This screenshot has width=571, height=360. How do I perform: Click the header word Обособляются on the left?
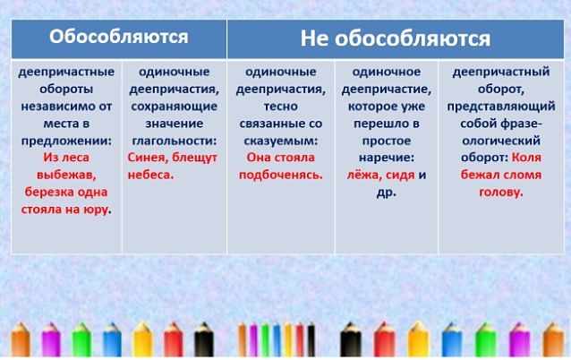(119, 37)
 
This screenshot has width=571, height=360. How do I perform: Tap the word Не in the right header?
(314, 39)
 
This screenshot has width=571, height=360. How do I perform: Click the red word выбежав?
(66, 176)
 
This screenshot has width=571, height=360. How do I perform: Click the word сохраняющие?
(174, 107)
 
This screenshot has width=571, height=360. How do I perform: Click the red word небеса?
(150, 175)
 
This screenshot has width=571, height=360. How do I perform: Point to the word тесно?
(281, 106)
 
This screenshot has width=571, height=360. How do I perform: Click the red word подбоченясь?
(281, 176)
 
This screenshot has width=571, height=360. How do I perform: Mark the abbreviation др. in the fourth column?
(387, 193)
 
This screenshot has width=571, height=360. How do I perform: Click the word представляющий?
(501, 107)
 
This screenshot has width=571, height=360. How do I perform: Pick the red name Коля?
(526, 158)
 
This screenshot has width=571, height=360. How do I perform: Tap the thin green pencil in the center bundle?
(265, 339)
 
